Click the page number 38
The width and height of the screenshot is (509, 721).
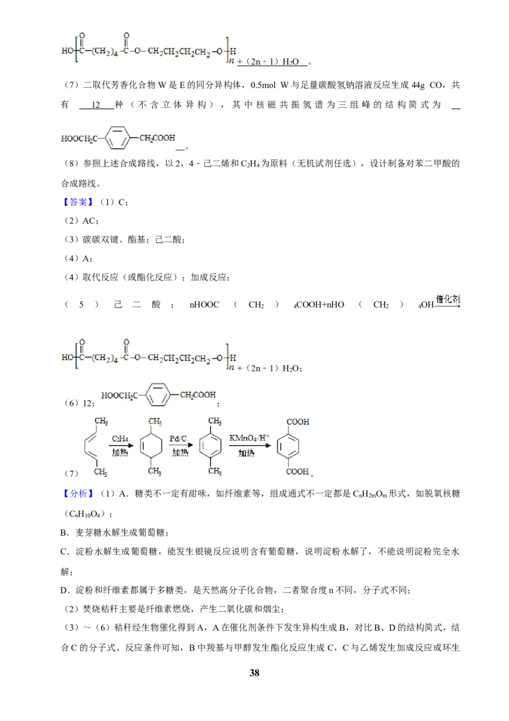pos(254,673)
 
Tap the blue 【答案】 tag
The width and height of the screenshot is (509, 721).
pos(78,202)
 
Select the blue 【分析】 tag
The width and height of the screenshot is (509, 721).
pos(78,494)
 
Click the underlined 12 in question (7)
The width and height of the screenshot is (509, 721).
pos(95,105)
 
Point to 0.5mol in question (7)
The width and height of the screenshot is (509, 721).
pos(263,85)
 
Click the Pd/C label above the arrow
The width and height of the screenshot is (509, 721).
pos(178,439)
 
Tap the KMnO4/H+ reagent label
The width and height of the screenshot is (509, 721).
pos(249,438)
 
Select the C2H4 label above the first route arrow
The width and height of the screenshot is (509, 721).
pos(120,439)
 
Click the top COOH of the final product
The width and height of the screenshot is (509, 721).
pos(298,422)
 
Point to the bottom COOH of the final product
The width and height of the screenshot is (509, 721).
pos(297,471)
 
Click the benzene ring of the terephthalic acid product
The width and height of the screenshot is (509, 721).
pos(288,446)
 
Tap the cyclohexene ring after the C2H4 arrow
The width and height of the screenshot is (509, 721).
pos(151,446)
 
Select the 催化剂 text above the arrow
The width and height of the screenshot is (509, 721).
pos(447,299)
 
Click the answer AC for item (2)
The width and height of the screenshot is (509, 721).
pos(88,221)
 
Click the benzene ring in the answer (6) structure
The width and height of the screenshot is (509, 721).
pos(158,394)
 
